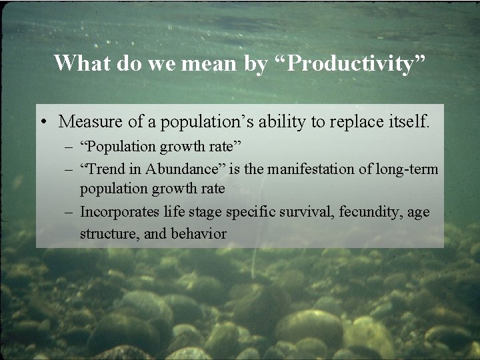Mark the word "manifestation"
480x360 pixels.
pos(306,169)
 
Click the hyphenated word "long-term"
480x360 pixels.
pos(409,169)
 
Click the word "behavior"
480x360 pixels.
pos(199,234)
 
